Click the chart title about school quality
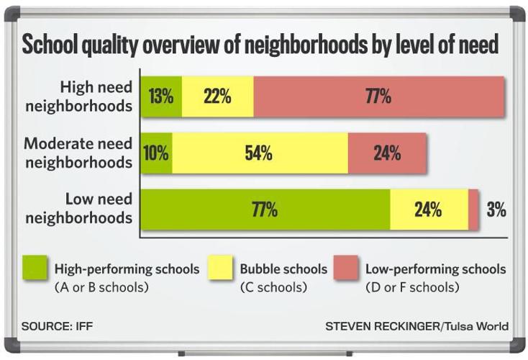coord(260,45)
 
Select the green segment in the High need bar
coord(161,96)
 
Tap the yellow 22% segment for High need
coord(217,96)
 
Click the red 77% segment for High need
coord(378,96)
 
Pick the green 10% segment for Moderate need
coord(156,153)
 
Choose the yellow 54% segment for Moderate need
coord(260,153)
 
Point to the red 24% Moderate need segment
coord(387,153)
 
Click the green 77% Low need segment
coord(265,210)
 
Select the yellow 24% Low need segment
coord(429,210)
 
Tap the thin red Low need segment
coord(474,210)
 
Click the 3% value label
coord(496,210)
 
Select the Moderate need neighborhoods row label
coord(79,153)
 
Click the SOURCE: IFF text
coord(57,326)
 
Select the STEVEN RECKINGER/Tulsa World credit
coord(417,326)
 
